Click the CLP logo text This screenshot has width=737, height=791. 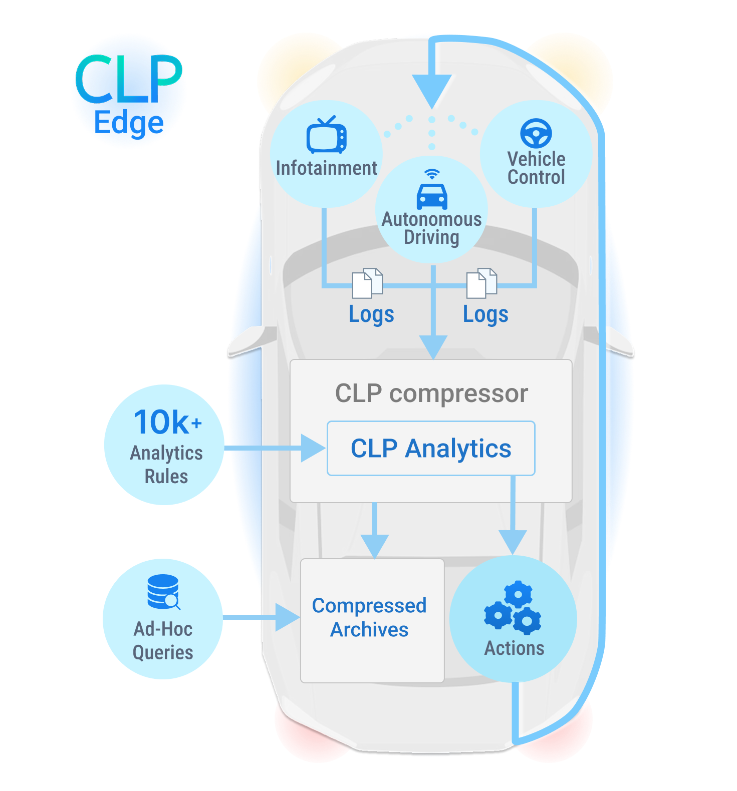point(129,80)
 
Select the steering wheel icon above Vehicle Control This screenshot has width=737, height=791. point(536,133)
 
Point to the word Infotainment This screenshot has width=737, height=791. point(326,168)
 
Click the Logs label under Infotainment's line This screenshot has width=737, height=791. point(371,314)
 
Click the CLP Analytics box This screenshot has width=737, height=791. point(431,448)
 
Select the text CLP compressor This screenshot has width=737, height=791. point(431,393)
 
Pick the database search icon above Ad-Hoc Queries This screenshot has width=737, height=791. point(164,592)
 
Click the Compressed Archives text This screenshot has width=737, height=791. point(369,617)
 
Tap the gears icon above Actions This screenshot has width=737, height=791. point(513,606)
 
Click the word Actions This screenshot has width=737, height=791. point(514,648)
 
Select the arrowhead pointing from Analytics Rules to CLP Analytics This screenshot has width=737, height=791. point(313,448)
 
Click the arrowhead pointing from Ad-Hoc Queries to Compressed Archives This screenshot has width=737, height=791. point(287,617)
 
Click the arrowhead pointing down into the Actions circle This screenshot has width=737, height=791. point(513,542)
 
